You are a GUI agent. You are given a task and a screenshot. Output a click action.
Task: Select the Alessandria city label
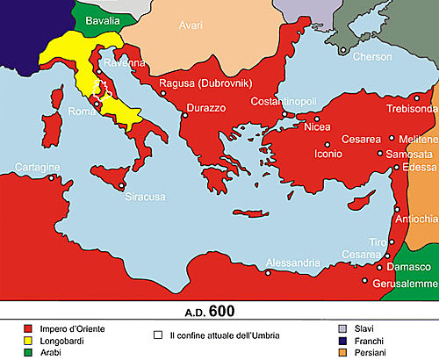(x=294, y=263)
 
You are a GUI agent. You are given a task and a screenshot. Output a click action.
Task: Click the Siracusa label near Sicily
(x=144, y=197)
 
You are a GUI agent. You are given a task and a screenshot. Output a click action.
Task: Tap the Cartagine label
(x=37, y=166)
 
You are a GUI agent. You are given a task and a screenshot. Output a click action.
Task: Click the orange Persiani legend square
(x=344, y=353)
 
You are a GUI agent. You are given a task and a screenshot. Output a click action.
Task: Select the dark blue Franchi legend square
(x=344, y=341)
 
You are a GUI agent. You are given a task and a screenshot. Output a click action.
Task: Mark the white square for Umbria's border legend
(x=159, y=335)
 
